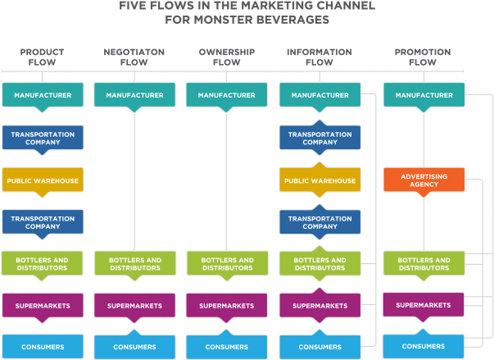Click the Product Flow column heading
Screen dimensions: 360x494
tap(42, 57)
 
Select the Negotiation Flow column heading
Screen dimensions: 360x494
tap(134, 57)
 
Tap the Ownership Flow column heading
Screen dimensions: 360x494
tap(226, 57)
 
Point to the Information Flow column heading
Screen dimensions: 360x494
tap(319, 57)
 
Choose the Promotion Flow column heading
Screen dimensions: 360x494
tap(424, 57)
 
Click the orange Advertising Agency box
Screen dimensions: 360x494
tap(424, 180)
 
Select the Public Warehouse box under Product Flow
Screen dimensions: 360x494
tap(42, 180)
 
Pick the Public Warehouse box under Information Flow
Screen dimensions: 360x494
tap(320, 180)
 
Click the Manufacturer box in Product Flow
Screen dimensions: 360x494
tap(42, 95)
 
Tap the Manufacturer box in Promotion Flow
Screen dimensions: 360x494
tap(424, 95)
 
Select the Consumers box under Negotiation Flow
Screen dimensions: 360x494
tap(134, 347)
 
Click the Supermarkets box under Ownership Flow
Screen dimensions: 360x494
tap(226, 306)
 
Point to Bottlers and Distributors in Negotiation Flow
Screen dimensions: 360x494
tap(134, 263)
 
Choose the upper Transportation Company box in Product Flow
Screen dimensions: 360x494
tap(42, 137)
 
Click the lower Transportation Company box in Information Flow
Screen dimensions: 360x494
tap(320, 222)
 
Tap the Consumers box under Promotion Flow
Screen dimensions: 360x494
tap(424, 346)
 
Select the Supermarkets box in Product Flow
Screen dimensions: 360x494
tap(42, 306)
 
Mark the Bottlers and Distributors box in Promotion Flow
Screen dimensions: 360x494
tap(424, 263)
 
